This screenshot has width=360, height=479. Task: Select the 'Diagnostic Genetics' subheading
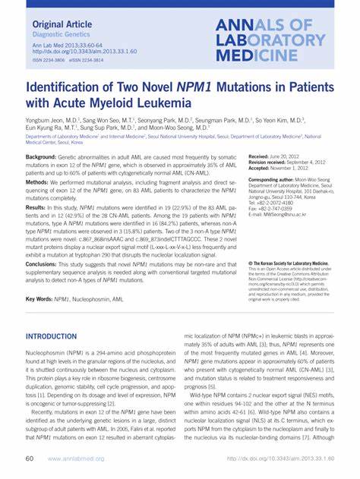(x=58, y=35)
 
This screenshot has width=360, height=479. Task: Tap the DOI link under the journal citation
(x=74, y=53)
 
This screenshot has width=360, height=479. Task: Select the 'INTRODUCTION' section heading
(x=56, y=336)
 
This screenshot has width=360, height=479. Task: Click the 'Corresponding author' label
(x=276, y=180)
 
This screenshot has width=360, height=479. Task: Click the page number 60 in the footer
(x=30, y=459)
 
